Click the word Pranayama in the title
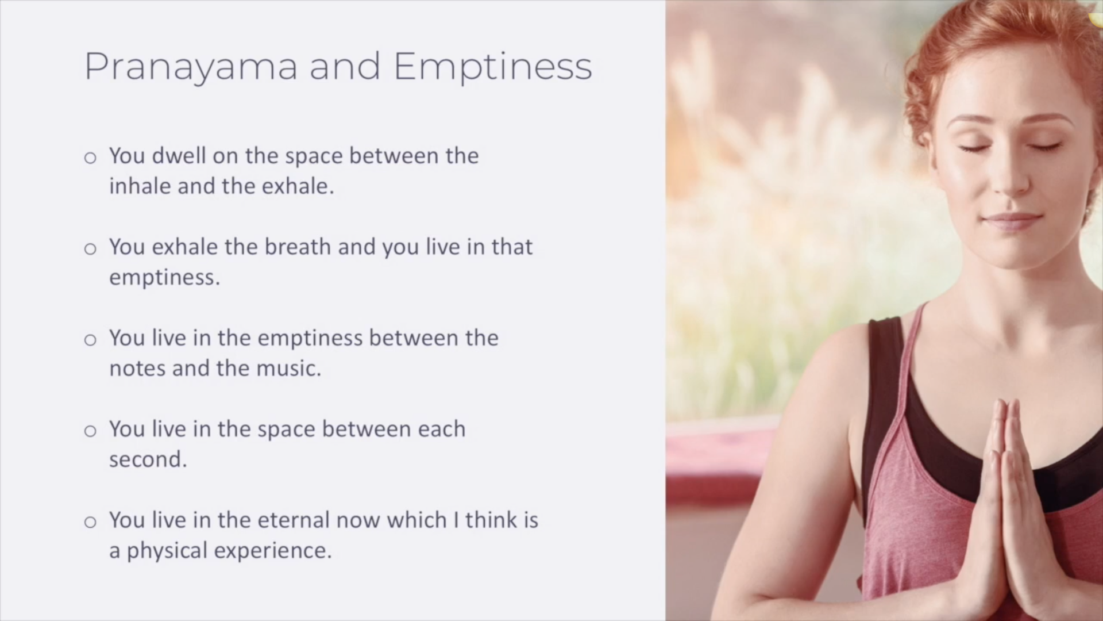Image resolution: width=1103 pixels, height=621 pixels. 191,67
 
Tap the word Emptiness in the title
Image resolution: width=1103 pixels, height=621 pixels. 493,67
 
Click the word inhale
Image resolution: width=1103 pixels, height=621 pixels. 140,186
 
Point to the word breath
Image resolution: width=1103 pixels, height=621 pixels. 298,247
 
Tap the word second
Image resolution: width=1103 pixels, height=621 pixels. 148,459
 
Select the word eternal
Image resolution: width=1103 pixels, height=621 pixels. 293,520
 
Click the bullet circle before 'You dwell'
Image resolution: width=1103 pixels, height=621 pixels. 90,158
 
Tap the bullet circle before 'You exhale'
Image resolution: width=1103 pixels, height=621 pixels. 90,248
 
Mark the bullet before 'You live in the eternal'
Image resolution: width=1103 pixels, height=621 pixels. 90,522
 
